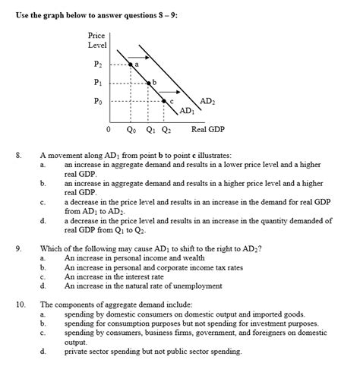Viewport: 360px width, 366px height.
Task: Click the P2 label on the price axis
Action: click(x=96, y=65)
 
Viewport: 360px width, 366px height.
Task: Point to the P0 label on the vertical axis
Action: click(x=96, y=100)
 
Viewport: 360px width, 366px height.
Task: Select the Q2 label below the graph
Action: click(x=166, y=129)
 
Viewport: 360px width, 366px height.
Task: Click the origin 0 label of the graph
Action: click(x=109, y=129)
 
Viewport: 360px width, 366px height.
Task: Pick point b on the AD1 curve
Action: click(x=149, y=84)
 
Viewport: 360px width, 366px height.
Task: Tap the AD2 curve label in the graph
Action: click(x=207, y=101)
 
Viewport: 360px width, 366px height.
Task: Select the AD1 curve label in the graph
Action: click(x=186, y=112)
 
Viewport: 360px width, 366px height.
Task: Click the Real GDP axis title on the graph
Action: click(x=207, y=129)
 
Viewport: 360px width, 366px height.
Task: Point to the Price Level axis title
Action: click(x=96, y=40)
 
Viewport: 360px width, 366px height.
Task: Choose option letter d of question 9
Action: click(x=43, y=286)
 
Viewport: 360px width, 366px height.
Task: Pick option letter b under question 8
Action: click(x=43, y=183)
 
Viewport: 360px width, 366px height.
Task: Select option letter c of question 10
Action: click(x=43, y=333)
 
